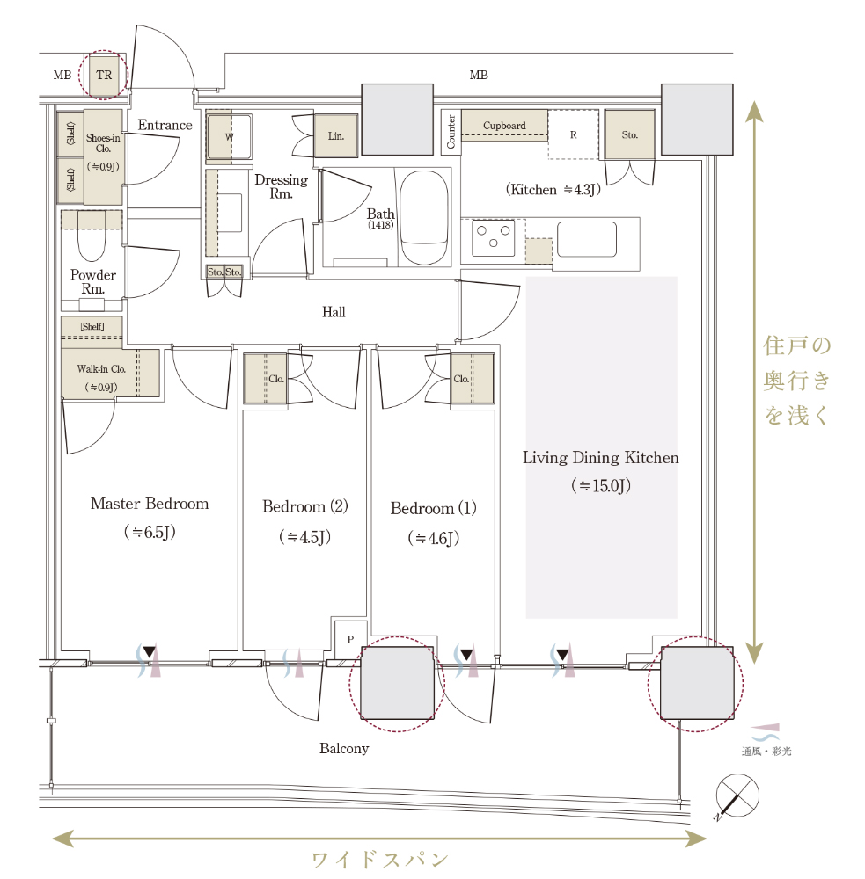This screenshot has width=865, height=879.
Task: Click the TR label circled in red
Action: click(x=104, y=75)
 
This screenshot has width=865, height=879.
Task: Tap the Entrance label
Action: click(x=165, y=125)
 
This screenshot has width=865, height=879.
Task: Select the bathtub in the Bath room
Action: click(x=425, y=217)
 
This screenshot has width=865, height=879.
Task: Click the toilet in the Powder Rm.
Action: click(x=92, y=236)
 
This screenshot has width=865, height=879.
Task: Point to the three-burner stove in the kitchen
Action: click(x=494, y=238)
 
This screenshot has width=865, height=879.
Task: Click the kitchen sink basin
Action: click(x=587, y=239)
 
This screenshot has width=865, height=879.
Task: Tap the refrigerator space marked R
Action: click(x=573, y=134)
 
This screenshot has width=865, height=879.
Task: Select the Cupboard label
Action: click(x=504, y=126)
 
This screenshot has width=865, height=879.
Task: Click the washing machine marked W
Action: click(x=229, y=137)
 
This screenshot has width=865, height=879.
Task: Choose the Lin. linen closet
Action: click(x=335, y=135)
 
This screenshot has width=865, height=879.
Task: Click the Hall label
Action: click(x=334, y=312)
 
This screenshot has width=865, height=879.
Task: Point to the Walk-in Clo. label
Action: click(x=101, y=369)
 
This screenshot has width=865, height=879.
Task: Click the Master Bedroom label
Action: click(x=150, y=504)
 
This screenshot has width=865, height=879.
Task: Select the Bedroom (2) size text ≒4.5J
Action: click(x=304, y=537)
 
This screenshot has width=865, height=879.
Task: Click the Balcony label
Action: click(x=344, y=748)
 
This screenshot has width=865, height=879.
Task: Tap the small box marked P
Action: click(x=350, y=639)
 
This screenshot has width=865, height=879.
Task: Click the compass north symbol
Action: click(x=737, y=796)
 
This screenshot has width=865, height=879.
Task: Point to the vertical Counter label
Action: click(x=451, y=133)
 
